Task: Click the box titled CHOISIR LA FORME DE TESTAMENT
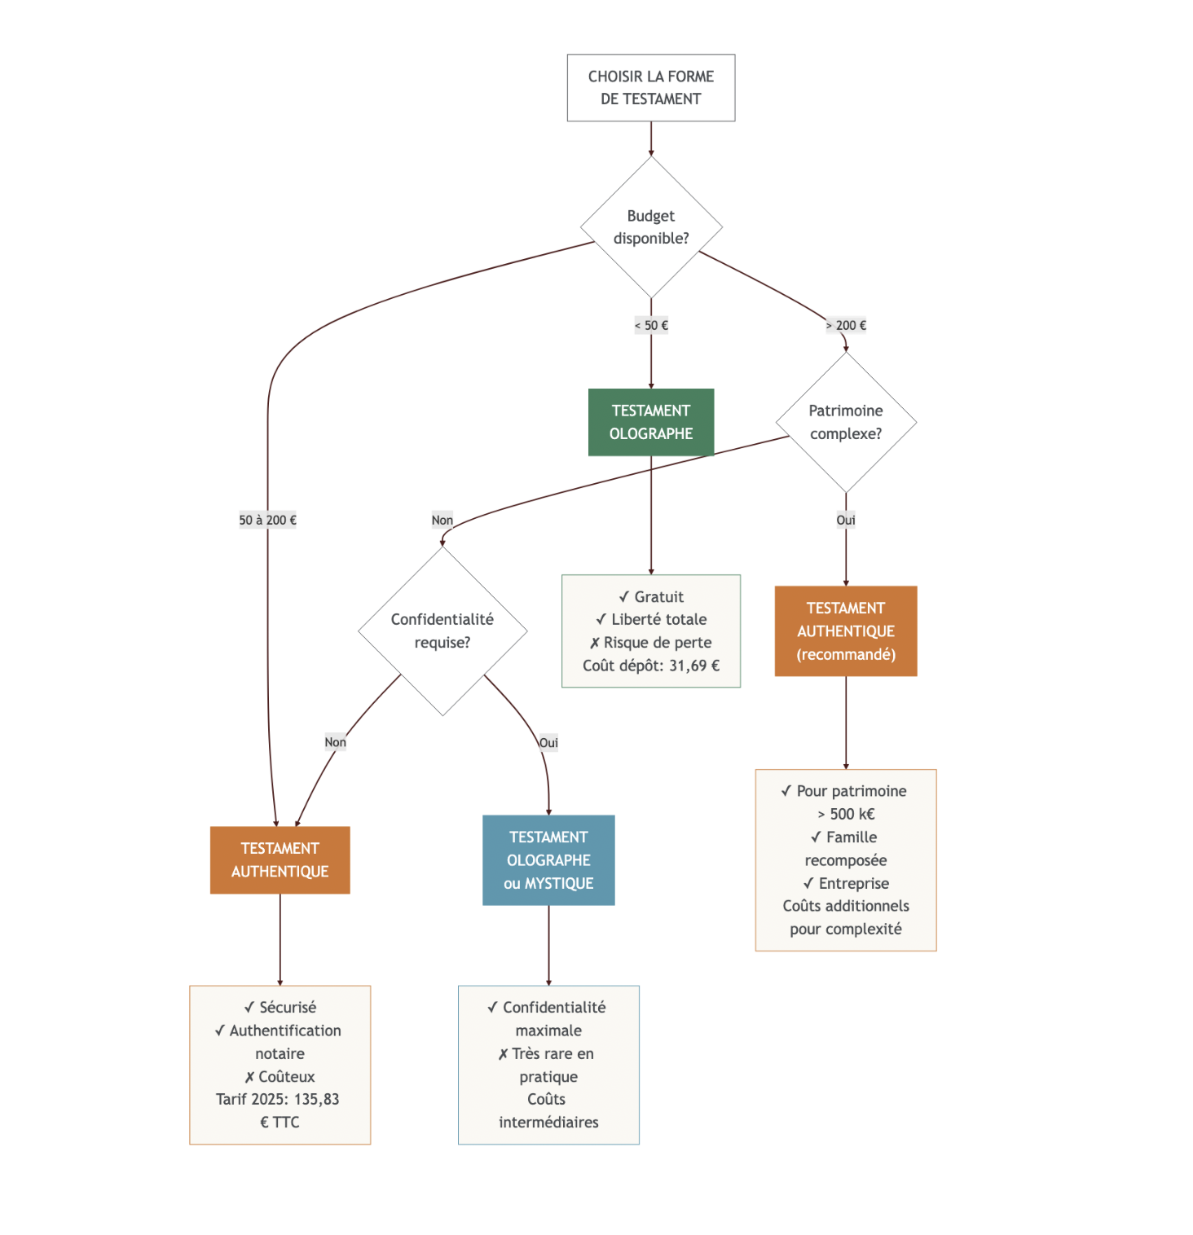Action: pos(650,88)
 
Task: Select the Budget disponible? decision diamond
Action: pos(650,227)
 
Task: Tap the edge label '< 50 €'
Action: pos(650,325)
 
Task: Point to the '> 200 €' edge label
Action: pos(846,325)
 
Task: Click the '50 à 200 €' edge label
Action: pos(267,520)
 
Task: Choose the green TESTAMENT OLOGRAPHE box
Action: pos(650,422)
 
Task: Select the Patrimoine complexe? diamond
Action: pos(845,422)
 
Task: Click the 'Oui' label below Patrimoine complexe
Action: pos(845,520)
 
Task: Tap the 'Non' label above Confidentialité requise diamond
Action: pos(442,520)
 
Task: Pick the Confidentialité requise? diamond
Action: pos(442,631)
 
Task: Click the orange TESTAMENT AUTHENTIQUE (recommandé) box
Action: pos(845,631)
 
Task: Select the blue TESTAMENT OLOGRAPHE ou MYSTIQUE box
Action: pos(548,860)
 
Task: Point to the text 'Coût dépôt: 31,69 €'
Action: pos(650,666)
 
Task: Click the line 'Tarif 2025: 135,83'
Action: pos(277,1099)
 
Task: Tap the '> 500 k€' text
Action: pos(845,814)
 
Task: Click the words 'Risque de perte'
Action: pos(657,643)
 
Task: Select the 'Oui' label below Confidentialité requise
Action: pos(548,742)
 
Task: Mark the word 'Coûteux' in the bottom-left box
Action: pos(286,1076)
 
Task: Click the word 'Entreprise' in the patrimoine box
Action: pos(853,883)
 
